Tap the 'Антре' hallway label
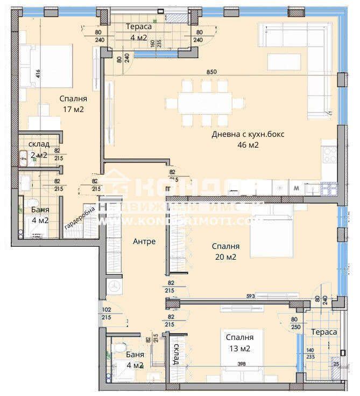(144, 241)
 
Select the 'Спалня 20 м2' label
(225, 251)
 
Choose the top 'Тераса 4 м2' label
(138, 32)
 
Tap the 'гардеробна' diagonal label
(80, 218)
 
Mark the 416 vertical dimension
(38, 73)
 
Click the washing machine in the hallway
(115, 286)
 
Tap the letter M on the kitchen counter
(296, 188)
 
